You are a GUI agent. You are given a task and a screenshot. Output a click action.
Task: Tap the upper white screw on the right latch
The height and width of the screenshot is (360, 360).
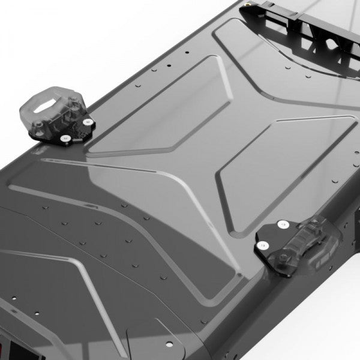[281, 227]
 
